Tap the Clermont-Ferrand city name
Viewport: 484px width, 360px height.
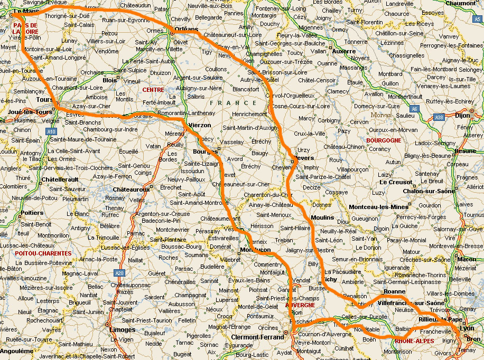click(x=257, y=337)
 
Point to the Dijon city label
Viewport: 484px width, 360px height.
click(x=462, y=115)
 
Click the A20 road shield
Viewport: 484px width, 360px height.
click(x=120, y=273)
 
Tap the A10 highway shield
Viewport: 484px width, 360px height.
click(x=51, y=131)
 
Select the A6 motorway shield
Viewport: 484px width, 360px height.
click(x=414, y=109)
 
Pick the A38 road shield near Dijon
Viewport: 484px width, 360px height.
click(x=439, y=118)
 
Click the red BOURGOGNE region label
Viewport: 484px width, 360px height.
click(x=384, y=140)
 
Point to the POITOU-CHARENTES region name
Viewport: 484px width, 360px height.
click(x=43, y=254)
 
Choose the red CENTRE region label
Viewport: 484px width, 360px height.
click(x=153, y=90)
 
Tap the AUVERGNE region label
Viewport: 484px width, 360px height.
click(x=300, y=305)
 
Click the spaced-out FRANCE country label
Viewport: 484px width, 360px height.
click(x=233, y=103)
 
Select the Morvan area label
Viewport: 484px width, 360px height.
click(x=381, y=115)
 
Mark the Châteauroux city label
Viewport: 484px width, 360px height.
click(x=131, y=189)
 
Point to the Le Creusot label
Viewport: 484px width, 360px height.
click(x=396, y=182)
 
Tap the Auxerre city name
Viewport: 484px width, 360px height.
click(x=345, y=52)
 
